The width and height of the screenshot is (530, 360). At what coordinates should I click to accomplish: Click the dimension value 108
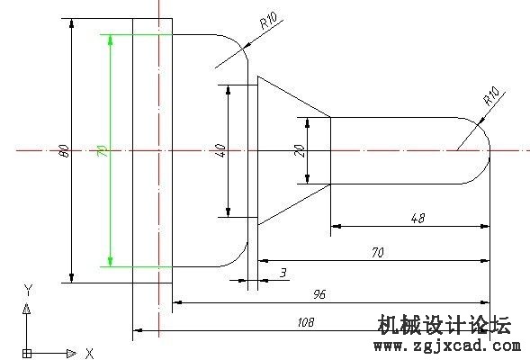(306, 322)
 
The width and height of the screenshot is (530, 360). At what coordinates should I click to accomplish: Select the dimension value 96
(319, 294)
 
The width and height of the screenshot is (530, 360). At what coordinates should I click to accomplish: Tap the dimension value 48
(418, 218)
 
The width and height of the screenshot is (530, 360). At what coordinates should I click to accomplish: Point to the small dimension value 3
(283, 273)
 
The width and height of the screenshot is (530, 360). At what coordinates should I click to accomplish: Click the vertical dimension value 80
(65, 151)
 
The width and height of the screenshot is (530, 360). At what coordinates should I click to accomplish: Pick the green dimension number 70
(103, 151)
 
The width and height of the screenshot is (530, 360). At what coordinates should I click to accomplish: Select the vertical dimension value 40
(220, 150)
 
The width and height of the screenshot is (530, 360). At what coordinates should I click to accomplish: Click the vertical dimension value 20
(300, 151)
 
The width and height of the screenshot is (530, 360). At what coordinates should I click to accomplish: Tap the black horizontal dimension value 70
(378, 253)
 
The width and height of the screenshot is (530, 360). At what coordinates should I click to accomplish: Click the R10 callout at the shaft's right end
(491, 96)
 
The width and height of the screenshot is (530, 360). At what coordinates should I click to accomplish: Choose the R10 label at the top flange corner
(268, 21)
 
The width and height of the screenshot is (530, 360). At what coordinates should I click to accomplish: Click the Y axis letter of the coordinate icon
(29, 290)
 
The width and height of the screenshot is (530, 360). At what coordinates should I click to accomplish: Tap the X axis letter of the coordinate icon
(90, 354)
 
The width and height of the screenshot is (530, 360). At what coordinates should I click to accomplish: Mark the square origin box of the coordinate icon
(27, 354)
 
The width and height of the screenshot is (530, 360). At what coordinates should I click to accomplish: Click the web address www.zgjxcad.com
(447, 346)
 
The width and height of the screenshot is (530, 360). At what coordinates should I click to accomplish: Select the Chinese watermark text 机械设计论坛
(445, 325)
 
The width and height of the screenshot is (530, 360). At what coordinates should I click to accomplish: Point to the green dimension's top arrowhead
(110, 40)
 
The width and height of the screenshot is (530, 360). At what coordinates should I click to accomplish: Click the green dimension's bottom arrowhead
(110, 261)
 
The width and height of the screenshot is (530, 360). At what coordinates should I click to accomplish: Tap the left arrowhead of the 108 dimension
(138, 330)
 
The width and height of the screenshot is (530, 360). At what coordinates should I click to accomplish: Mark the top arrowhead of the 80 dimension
(71, 23)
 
